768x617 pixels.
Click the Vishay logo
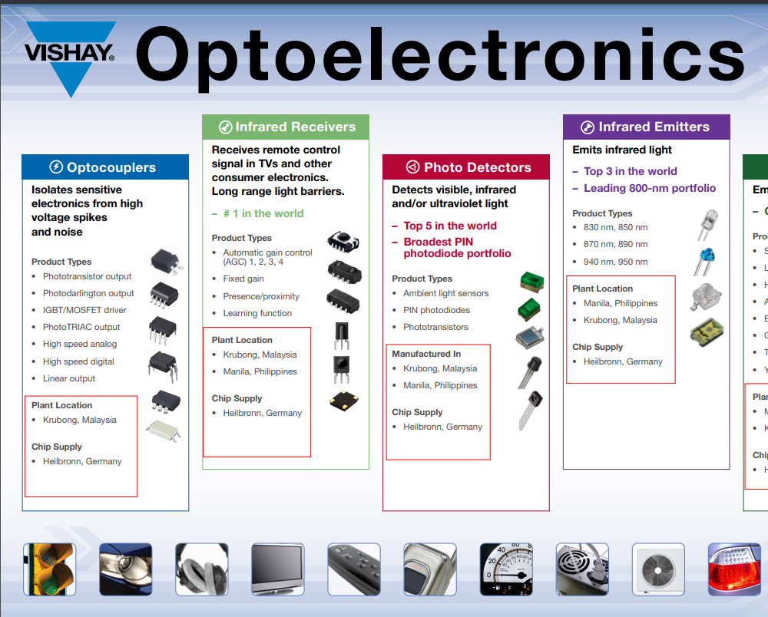point(70,55)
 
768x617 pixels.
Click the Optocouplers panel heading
point(104,167)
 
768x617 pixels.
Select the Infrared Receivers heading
point(286,127)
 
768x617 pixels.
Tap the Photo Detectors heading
point(467,167)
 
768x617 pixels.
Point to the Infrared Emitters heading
point(646,127)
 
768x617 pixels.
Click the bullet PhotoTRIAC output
point(81,327)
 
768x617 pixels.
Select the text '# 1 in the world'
point(263,213)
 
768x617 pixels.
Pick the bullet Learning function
point(257,313)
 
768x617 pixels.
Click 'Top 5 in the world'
point(450,226)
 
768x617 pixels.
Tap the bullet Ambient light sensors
point(445,293)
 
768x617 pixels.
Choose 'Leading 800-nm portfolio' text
point(649,188)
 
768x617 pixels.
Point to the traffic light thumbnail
point(49,569)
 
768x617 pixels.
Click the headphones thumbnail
point(202,569)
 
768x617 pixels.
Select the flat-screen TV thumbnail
point(278,569)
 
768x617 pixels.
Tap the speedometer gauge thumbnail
point(506,569)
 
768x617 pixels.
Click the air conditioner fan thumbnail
point(658,569)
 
